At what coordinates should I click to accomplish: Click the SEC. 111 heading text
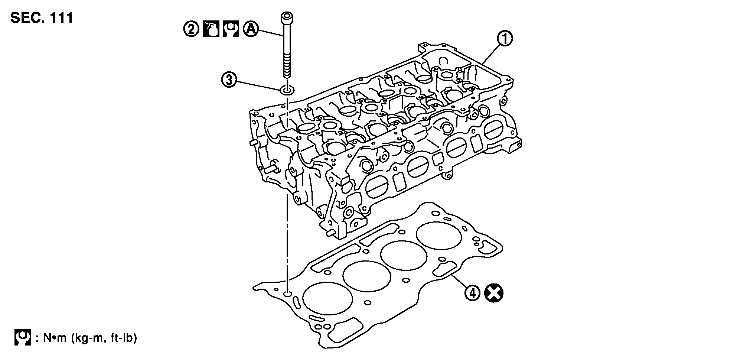42,17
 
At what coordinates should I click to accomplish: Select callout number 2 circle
191,29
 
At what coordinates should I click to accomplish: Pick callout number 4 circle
472,293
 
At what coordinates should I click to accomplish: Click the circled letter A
250,29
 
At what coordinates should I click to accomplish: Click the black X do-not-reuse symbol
494,293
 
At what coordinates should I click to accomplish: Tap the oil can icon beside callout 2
211,29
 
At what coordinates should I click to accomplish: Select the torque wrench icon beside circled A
231,29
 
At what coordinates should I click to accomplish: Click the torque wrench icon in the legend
23,338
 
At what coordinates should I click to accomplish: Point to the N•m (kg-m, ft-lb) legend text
90,338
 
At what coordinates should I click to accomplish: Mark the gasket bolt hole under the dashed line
287,294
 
